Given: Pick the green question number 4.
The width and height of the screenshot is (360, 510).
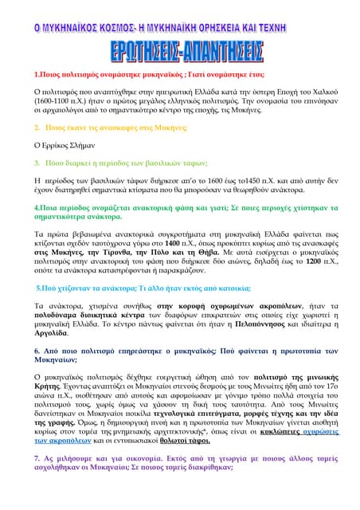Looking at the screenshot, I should [x=37, y=206].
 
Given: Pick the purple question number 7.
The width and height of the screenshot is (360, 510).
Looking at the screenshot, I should [x=37, y=457].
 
